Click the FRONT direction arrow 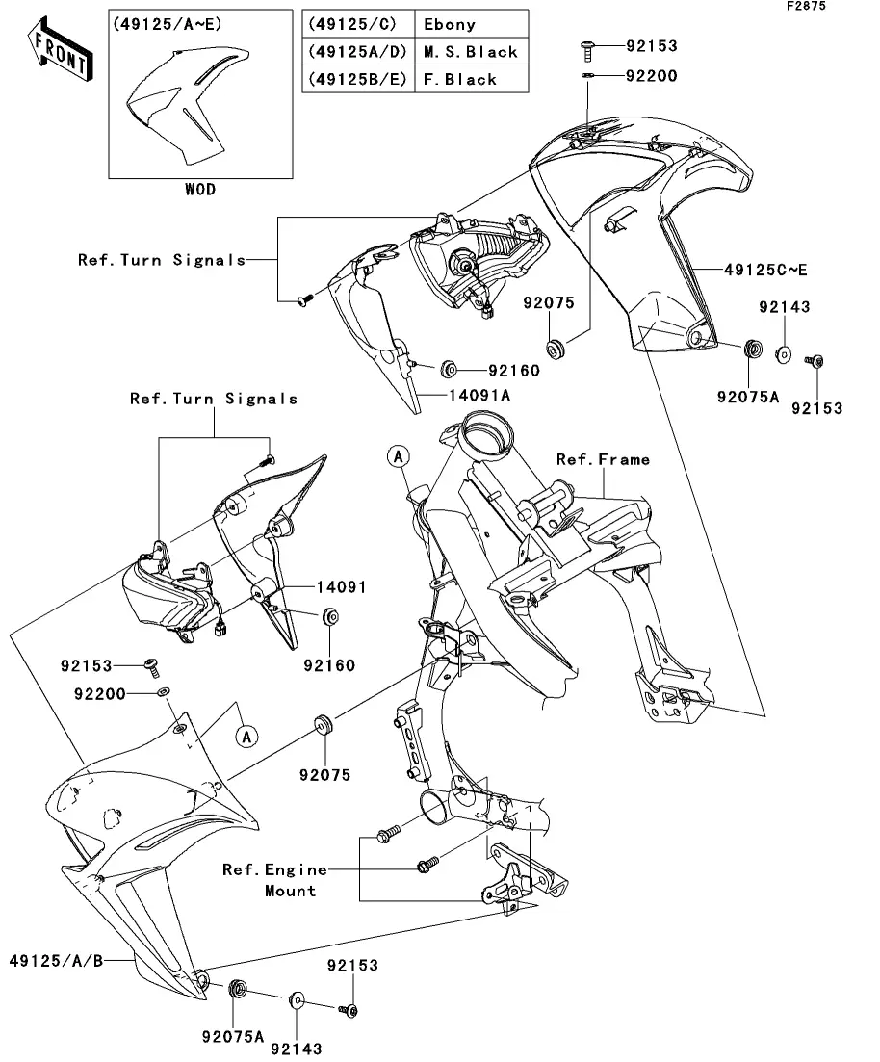click(61, 50)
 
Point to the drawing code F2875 click(806, 6)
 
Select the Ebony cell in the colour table click(471, 24)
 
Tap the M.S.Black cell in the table click(471, 52)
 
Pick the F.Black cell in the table click(471, 79)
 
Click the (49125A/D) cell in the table click(358, 52)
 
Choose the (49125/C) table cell click(358, 24)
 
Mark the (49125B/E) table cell click(358, 79)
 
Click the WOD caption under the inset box click(200, 190)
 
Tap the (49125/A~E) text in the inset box click(167, 24)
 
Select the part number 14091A click(479, 396)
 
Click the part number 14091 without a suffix click(342, 587)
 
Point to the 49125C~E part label click(765, 271)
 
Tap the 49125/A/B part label click(56, 960)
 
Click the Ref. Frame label click(603, 460)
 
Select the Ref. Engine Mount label click(275, 880)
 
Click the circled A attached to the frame click(399, 456)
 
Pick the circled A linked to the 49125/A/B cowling click(246, 737)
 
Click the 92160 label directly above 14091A click(514, 371)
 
